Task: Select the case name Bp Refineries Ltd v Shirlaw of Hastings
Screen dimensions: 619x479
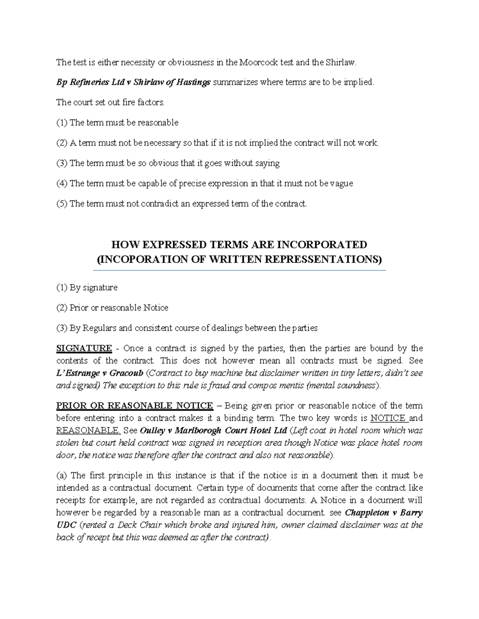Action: tap(133, 83)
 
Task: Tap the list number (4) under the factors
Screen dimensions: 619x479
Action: tap(62, 183)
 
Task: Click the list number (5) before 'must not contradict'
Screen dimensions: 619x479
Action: tap(62, 204)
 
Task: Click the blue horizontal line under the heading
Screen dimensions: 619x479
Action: tap(239, 271)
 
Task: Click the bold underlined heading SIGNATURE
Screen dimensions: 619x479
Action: tap(84, 348)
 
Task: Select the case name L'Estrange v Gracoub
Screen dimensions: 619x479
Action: tap(99, 373)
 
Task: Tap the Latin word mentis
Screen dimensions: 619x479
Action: tap(289, 385)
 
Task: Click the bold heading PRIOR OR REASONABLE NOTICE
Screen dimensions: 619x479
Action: tap(135, 406)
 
